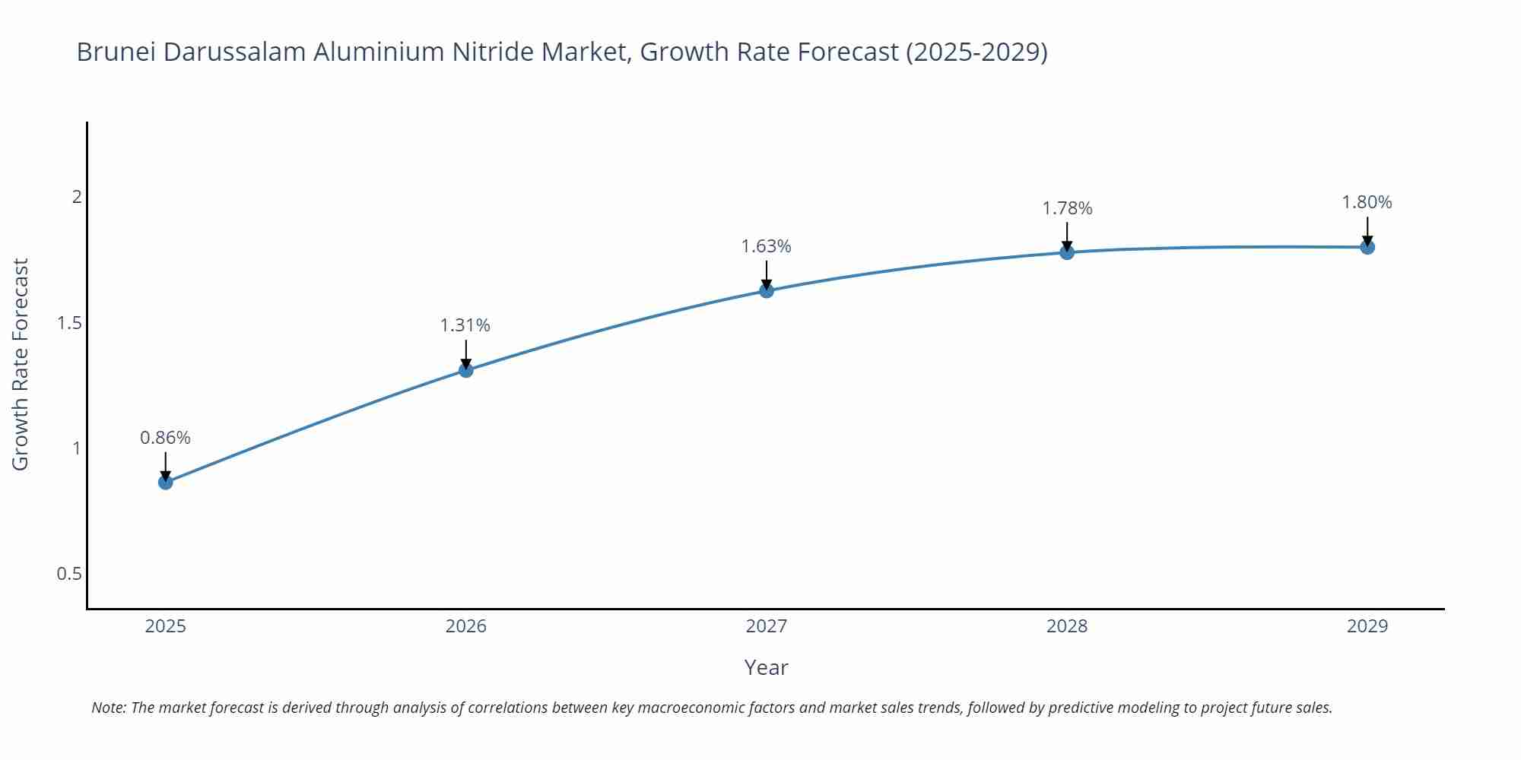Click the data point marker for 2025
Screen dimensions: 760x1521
166,482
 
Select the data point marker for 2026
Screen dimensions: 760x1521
466,370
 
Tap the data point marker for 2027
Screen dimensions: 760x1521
767,290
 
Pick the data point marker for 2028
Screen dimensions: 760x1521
1067,252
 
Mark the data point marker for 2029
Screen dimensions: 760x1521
1367,247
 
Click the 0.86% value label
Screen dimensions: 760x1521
165,438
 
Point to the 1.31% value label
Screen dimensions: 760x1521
465,325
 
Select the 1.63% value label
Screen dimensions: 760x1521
766,246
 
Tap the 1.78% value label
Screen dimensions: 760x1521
1067,208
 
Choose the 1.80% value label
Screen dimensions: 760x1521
1367,202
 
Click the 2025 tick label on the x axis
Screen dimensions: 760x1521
166,626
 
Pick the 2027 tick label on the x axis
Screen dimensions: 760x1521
767,626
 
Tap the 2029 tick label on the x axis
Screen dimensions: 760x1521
1367,626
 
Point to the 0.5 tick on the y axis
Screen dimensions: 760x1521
69,574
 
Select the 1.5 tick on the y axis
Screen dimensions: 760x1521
69,323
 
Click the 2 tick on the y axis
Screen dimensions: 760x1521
76,197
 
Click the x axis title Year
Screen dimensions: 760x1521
766,667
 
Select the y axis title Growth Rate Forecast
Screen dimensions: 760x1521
21,364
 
